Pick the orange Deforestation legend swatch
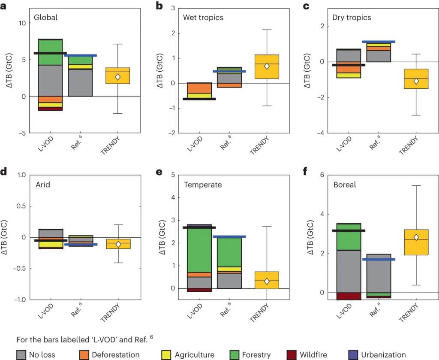pos(85,354)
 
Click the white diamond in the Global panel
pos(117,77)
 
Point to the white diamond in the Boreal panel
pos(416,237)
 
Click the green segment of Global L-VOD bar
pos(51,52)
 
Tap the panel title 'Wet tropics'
pos(203,18)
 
